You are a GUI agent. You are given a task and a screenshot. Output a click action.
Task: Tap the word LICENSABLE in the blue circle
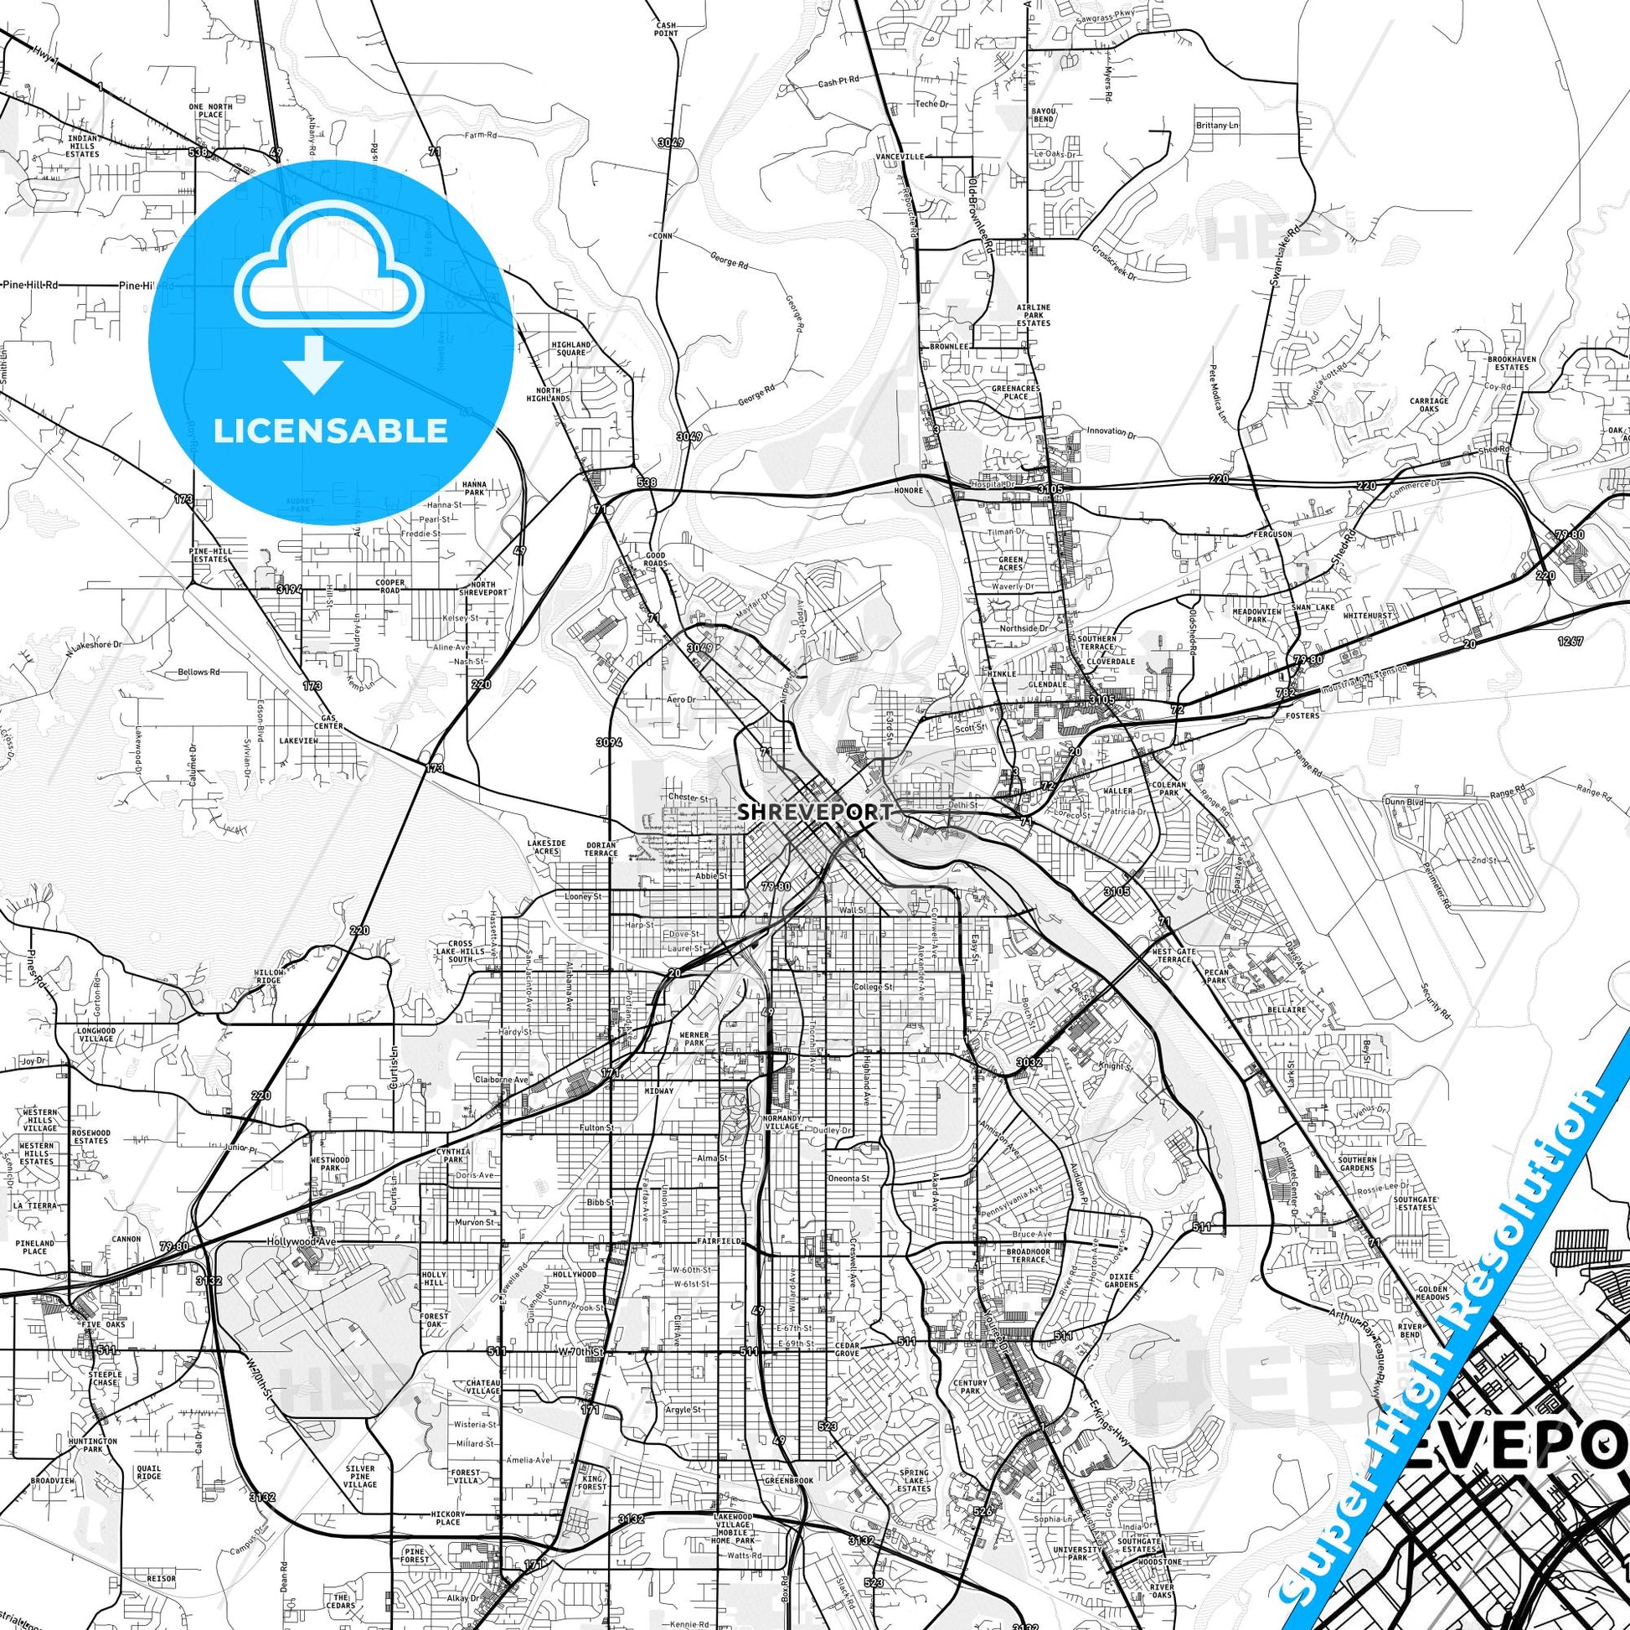pyautogui.click(x=331, y=431)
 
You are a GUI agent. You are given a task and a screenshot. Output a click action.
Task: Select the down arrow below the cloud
pyautogui.click(x=313, y=364)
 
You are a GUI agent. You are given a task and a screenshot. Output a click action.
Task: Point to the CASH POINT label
pyautogui.click(x=666, y=29)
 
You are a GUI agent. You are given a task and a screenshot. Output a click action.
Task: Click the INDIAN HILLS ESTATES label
pyautogui.click(x=84, y=145)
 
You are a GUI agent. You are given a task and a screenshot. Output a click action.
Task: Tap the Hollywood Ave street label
pyautogui.click(x=302, y=1243)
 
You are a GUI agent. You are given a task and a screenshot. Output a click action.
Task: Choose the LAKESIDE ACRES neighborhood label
pyautogui.click(x=544, y=847)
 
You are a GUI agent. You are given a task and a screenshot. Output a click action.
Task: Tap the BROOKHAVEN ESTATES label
pyautogui.click(x=1509, y=363)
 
